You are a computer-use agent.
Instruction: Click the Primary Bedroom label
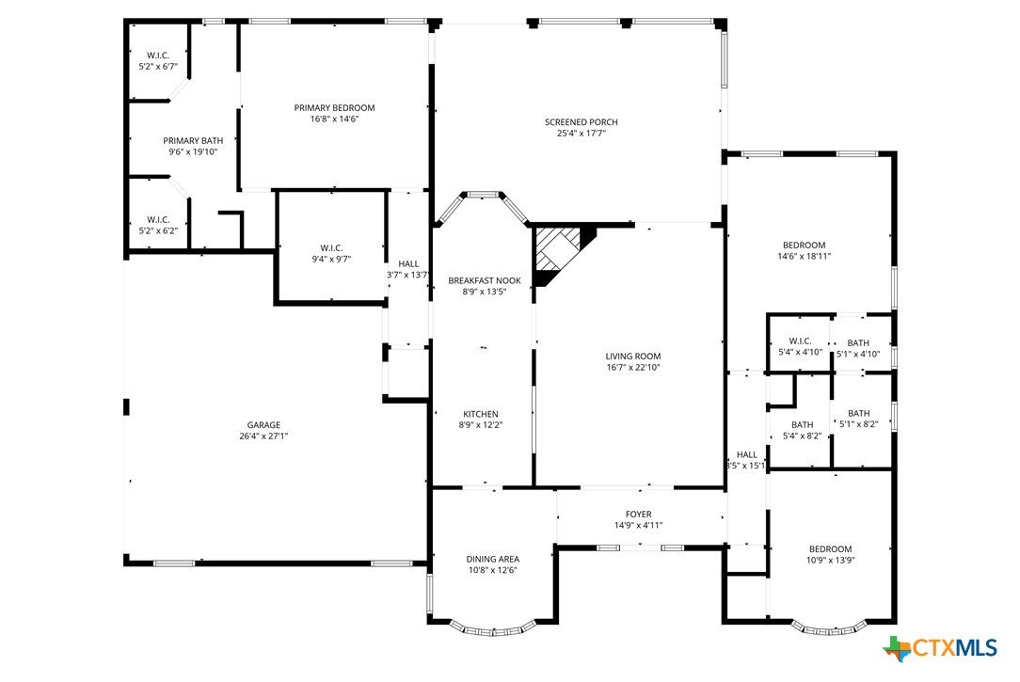[x=334, y=108]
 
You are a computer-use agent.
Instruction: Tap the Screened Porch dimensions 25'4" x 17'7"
[x=582, y=134]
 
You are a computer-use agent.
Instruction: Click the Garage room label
[x=263, y=425]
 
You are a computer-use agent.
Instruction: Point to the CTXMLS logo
[x=940, y=648]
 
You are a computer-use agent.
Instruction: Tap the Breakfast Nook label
[x=485, y=281]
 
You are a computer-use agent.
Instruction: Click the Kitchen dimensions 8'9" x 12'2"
[x=481, y=425]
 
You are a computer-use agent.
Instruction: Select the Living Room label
[x=633, y=357]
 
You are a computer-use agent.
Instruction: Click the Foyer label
[x=639, y=515]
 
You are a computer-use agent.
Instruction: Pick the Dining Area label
[x=492, y=559]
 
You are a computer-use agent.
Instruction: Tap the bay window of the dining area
[x=492, y=628]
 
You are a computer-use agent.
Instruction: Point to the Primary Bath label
[x=193, y=140]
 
